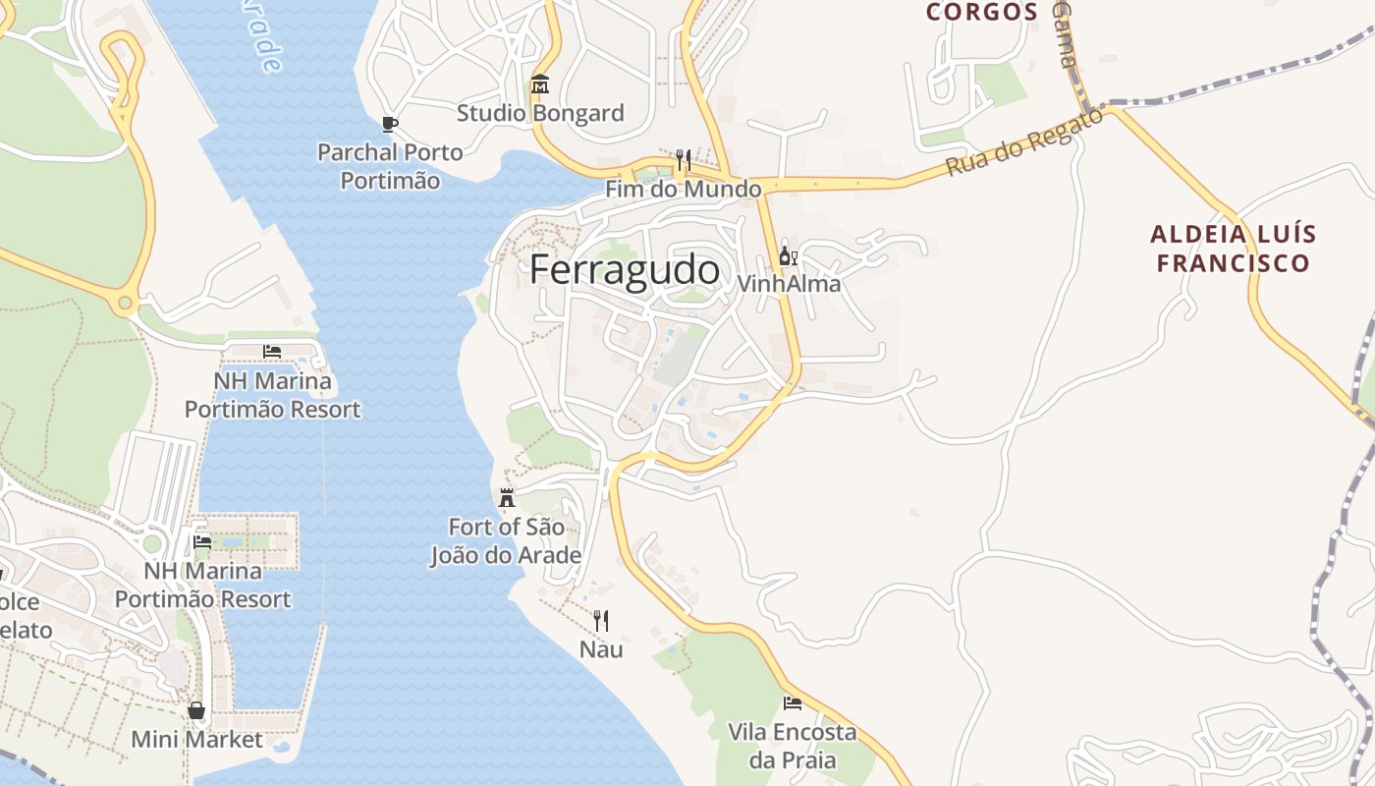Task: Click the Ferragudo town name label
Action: (x=625, y=269)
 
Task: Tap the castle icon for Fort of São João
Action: (x=507, y=498)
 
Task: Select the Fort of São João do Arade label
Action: (x=506, y=541)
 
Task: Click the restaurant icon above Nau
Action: (x=601, y=620)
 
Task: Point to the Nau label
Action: (x=601, y=649)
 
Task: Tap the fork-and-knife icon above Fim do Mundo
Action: (x=683, y=159)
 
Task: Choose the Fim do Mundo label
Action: (x=683, y=189)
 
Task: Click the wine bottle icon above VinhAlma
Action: (x=788, y=256)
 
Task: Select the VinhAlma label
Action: (x=789, y=284)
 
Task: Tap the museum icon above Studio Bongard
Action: (x=540, y=84)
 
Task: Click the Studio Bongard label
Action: (x=540, y=113)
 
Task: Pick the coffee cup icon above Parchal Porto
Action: (x=390, y=124)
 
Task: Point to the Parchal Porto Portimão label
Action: (x=390, y=167)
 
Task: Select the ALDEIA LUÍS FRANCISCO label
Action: (x=1233, y=249)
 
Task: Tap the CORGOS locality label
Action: (x=982, y=12)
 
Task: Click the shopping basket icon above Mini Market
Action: (x=196, y=710)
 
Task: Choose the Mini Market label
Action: (x=196, y=740)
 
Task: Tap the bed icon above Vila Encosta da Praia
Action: (x=792, y=703)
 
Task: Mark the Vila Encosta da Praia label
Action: (x=792, y=746)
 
